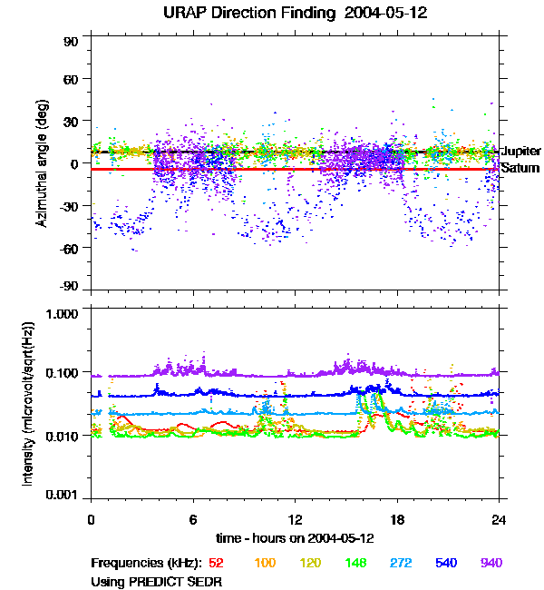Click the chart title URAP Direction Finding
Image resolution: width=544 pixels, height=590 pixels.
(x=249, y=14)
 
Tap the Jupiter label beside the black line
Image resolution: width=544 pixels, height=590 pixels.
(x=521, y=152)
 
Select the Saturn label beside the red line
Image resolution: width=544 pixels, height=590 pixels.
(x=520, y=168)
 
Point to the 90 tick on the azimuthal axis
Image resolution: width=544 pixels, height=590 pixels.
(x=71, y=42)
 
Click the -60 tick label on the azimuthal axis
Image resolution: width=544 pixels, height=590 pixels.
(x=69, y=249)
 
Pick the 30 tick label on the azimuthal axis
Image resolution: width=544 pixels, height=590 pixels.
(x=71, y=122)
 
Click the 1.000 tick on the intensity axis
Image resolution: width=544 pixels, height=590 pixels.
(x=62, y=314)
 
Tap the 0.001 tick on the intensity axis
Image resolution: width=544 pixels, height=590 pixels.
(x=62, y=495)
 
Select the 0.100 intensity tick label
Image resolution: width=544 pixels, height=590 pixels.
(x=62, y=373)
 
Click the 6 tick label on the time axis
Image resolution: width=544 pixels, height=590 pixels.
(x=193, y=519)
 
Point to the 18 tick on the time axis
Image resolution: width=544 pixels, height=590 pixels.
(x=397, y=519)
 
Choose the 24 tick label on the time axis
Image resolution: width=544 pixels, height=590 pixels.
(x=499, y=519)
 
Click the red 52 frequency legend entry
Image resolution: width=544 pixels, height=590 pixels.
(x=216, y=563)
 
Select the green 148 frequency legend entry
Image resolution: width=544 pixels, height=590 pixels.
(x=355, y=563)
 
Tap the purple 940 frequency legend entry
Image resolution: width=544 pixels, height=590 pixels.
(x=491, y=563)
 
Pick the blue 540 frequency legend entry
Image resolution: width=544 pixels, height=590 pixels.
(x=446, y=563)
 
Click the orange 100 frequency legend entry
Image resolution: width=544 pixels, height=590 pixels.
(x=265, y=563)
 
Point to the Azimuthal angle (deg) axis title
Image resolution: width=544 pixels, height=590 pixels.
(x=42, y=163)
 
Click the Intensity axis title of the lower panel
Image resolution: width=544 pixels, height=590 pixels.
(x=28, y=404)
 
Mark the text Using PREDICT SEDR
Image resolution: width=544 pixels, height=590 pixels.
(x=156, y=582)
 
